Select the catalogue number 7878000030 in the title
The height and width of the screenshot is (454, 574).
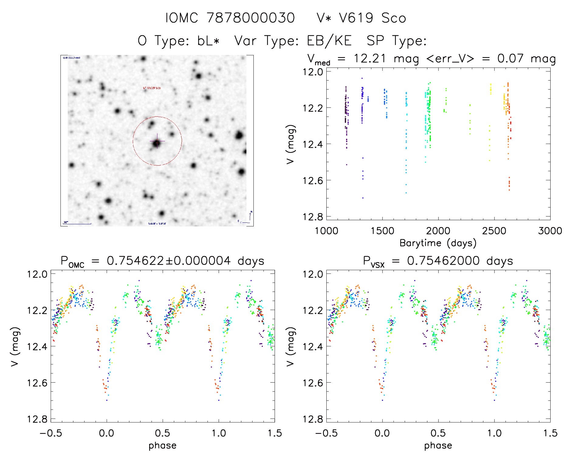[x=251, y=18]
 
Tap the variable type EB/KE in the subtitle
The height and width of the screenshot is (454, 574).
[x=329, y=41]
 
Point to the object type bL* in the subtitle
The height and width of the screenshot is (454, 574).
[x=208, y=41]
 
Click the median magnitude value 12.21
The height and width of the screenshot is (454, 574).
[x=369, y=58]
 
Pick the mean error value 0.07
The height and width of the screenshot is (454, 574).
[x=510, y=58]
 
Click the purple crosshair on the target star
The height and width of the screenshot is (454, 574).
[x=157, y=141]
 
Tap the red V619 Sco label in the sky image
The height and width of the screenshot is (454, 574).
[x=152, y=88]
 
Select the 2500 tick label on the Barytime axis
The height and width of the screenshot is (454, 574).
[x=494, y=231]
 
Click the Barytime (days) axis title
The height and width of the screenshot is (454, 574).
[x=438, y=243]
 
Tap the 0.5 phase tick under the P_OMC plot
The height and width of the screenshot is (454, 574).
[x=163, y=433]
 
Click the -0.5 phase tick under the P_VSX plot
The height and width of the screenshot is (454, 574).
[x=326, y=433]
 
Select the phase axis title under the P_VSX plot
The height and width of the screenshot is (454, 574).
[x=438, y=445]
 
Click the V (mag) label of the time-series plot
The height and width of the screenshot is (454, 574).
[x=290, y=144]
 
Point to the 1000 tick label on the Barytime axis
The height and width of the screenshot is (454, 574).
[x=326, y=231]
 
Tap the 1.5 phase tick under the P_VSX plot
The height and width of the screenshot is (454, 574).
[x=550, y=433]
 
